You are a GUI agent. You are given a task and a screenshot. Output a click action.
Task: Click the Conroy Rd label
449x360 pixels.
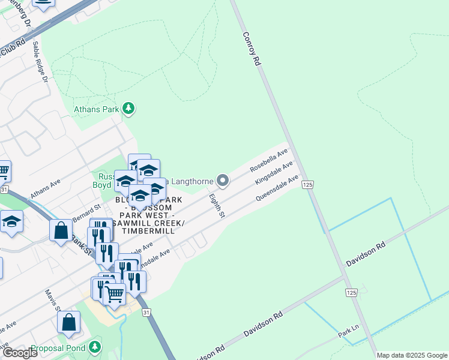[x=252, y=49]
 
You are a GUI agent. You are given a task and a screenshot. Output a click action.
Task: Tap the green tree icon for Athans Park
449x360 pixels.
[x=128, y=109]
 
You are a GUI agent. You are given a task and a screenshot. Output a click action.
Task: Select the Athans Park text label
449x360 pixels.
[x=96, y=109]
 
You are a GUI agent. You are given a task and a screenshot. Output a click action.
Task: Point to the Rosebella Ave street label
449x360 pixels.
[x=270, y=160]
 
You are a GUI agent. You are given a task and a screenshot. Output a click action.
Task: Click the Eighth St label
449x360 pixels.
[x=217, y=206]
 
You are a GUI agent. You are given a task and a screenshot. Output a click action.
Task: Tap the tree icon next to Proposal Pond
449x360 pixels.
[x=94, y=347]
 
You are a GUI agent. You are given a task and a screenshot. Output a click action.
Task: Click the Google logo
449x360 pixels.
[x=19, y=353]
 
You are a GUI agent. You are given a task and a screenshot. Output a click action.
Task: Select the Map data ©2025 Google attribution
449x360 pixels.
[x=412, y=355]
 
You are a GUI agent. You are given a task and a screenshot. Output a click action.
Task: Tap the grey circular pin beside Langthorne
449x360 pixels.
[x=223, y=180]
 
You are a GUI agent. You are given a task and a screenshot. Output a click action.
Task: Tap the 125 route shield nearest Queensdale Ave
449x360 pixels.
[x=307, y=185]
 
